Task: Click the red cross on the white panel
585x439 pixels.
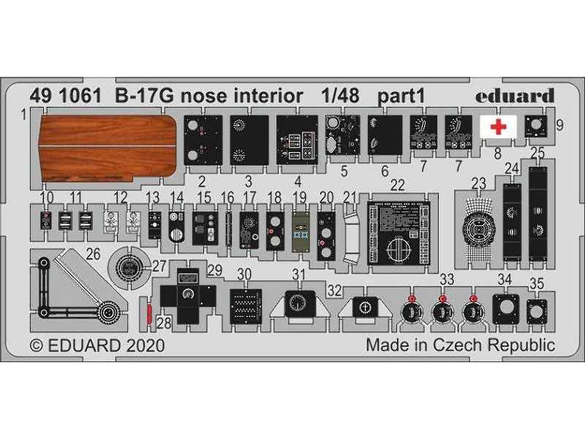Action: click(498, 126)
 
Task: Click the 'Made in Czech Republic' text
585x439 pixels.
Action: click(460, 345)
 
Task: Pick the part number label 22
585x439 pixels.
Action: click(397, 184)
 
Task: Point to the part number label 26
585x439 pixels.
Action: click(93, 255)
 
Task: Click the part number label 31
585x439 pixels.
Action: click(298, 274)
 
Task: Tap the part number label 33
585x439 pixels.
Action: click(447, 278)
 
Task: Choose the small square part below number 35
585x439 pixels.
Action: click(536, 312)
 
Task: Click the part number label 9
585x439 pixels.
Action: click(560, 124)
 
